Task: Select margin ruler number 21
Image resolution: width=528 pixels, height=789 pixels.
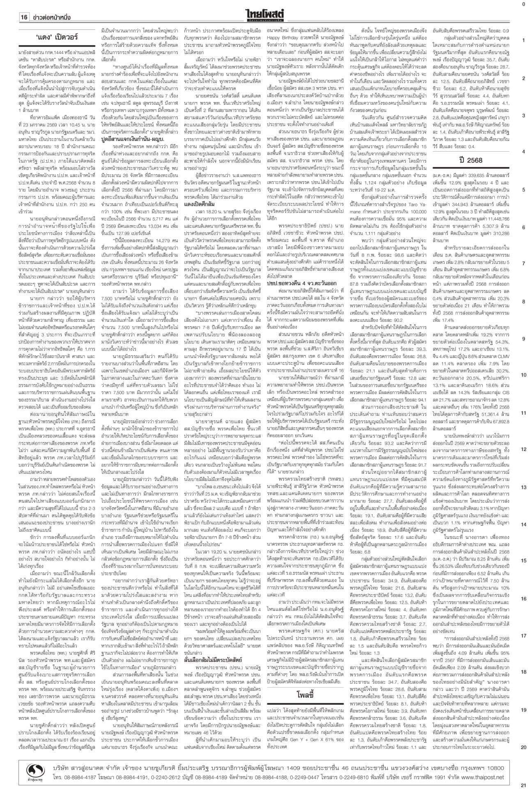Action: (x=523, y=784)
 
